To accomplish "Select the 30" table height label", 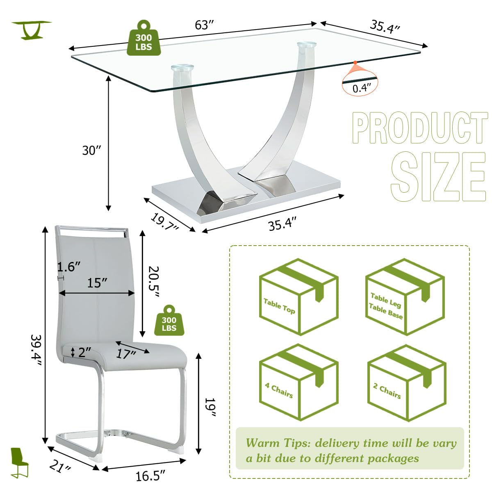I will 91,150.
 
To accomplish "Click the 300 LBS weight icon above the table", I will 143,38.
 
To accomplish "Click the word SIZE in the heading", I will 438,177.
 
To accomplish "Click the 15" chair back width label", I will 97,282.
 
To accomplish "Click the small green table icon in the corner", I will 31,30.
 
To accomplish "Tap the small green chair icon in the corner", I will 19,462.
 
